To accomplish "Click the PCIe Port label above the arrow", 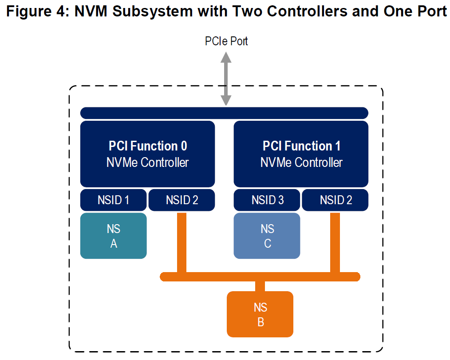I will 226,41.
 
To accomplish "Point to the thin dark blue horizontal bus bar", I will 224,113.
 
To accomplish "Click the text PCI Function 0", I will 148,146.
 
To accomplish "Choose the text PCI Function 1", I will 301,146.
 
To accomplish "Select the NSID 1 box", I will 113,200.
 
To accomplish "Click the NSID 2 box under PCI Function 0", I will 182,200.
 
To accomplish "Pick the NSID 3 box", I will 267,200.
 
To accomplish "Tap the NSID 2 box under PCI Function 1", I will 336,200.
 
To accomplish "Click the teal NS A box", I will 113,236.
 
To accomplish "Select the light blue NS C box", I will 267,236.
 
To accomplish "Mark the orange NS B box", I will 260,314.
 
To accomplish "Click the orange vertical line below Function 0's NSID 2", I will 182,242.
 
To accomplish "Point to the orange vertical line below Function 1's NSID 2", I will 335,242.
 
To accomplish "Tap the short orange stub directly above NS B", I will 260,286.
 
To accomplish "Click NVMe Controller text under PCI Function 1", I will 301,162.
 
